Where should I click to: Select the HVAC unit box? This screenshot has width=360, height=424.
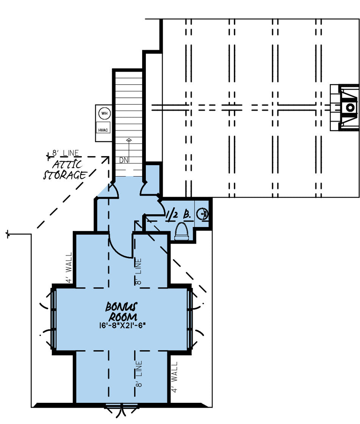point(103,130)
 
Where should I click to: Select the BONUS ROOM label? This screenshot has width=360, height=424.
point(122,311)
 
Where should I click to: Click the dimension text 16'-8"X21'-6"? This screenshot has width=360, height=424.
point(122,325)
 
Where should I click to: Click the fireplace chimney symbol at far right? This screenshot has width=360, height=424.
point(349,108)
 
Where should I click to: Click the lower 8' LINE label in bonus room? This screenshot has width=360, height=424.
point(139,374)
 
